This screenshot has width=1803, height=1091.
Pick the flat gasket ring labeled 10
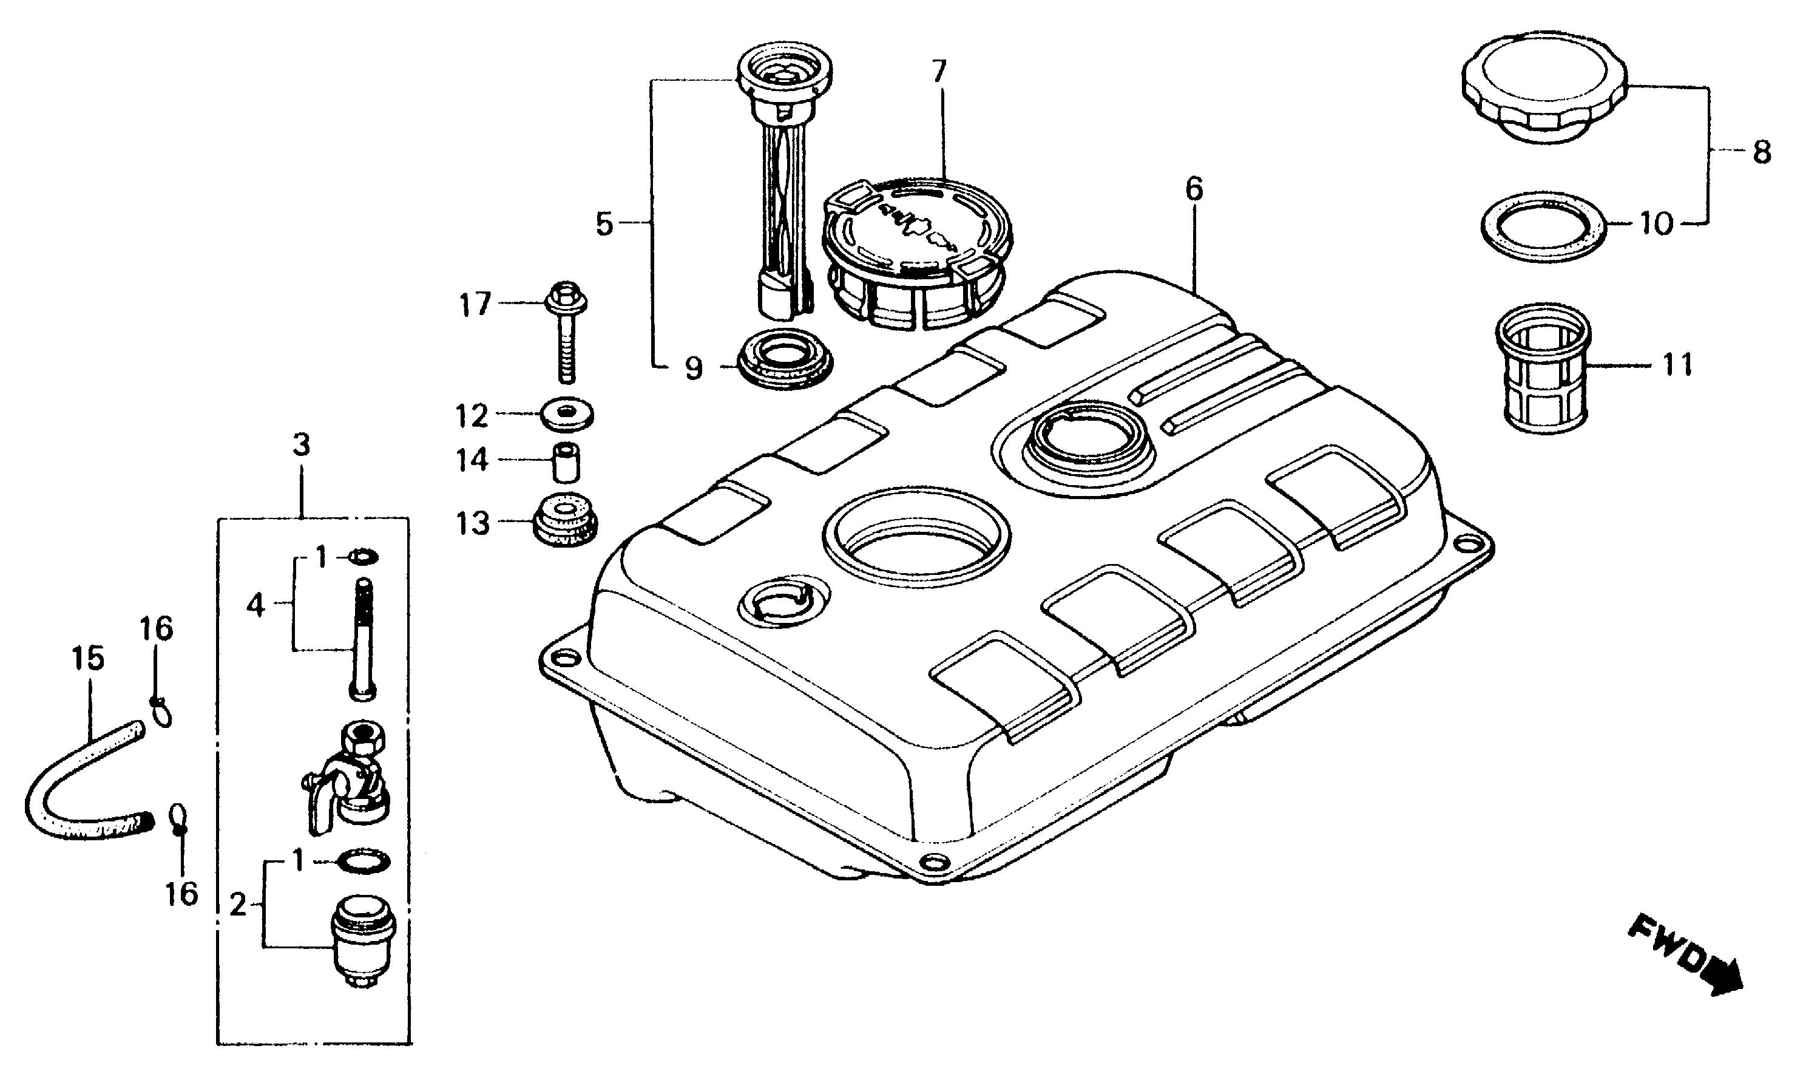[1544, 227]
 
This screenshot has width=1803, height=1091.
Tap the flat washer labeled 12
[566, 415]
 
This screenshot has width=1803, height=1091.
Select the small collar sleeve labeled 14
[566, 461]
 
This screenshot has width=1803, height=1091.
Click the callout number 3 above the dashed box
[301, 444]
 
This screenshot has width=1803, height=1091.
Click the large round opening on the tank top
[916, 534]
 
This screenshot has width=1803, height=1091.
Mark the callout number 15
[88, 658]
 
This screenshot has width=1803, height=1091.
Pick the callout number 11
[1678, 365]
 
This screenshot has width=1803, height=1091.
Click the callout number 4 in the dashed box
[255, 605]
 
